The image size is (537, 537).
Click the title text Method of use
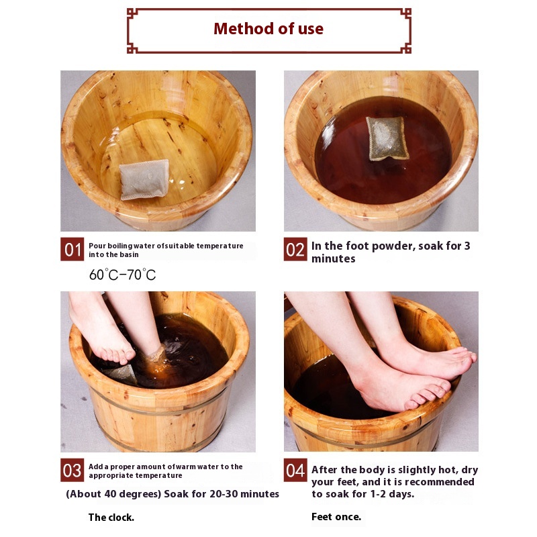[x=268, y=29]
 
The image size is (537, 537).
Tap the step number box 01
[x=72, y=249]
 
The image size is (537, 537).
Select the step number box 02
[x=295, y=249]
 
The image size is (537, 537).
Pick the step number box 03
[x=72, y=470]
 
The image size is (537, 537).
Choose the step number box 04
[x=295, y=470]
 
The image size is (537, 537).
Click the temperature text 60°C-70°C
[x=123, y=275]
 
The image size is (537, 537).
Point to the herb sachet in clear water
[x=144, y=179]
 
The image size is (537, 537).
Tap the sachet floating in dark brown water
[x=387, y=138]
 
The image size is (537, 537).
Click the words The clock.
[x=111, y=517]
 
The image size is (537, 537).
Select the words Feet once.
[x=336, y=517]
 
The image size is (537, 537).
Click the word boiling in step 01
[x=120, y=246]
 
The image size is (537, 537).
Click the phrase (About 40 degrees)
[x=113, y=494]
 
